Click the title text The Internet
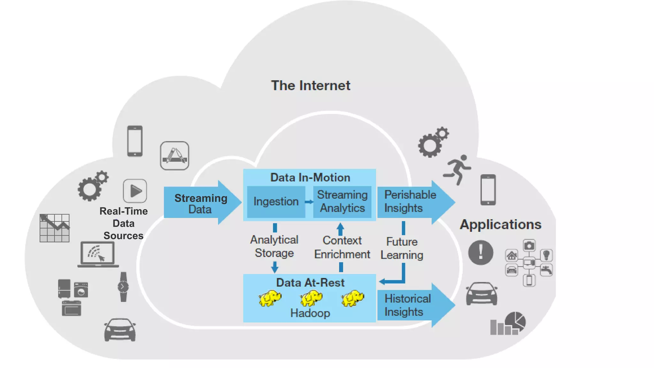(x=310, y=86)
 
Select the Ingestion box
(x=276, y=202)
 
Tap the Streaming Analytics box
(x=342, y=202)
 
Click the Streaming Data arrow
(x=201, y=203)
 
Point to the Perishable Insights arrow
(x=410, y=202)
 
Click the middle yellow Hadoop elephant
(x=311, y=298)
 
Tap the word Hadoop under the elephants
(x=310, y=313)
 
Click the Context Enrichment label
(x=342, y=247)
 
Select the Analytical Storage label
(x=274, y=246)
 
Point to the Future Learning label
(x=402, y=248)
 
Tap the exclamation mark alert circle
(x=480, y=252)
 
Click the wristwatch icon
(x=123, y=287)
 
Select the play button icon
(x=135, y=191)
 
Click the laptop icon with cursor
(x=98, y=254)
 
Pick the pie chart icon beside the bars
(x=515, y=321)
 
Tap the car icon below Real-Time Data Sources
(x=120, y=330)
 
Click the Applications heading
(x=500, y=225)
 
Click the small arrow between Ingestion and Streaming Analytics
(x=309, y=202)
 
